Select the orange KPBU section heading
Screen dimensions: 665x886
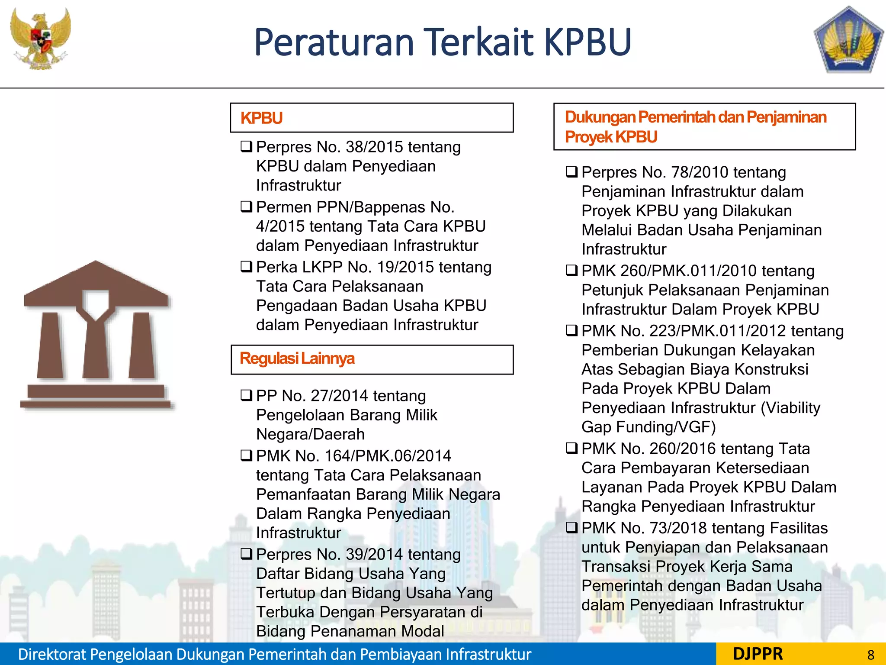[261, 118]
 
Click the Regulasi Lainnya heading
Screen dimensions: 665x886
[297, 358]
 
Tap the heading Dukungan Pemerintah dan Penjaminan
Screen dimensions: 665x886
[695, 117]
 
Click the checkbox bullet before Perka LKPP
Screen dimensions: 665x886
[247, 267]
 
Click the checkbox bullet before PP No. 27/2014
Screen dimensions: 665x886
[247, 395]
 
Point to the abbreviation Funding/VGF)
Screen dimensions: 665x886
[666, 427]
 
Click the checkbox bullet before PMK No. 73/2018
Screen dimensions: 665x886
[572, 528]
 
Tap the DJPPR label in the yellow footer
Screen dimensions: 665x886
[758, 654]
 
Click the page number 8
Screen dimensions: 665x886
[870, 655]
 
